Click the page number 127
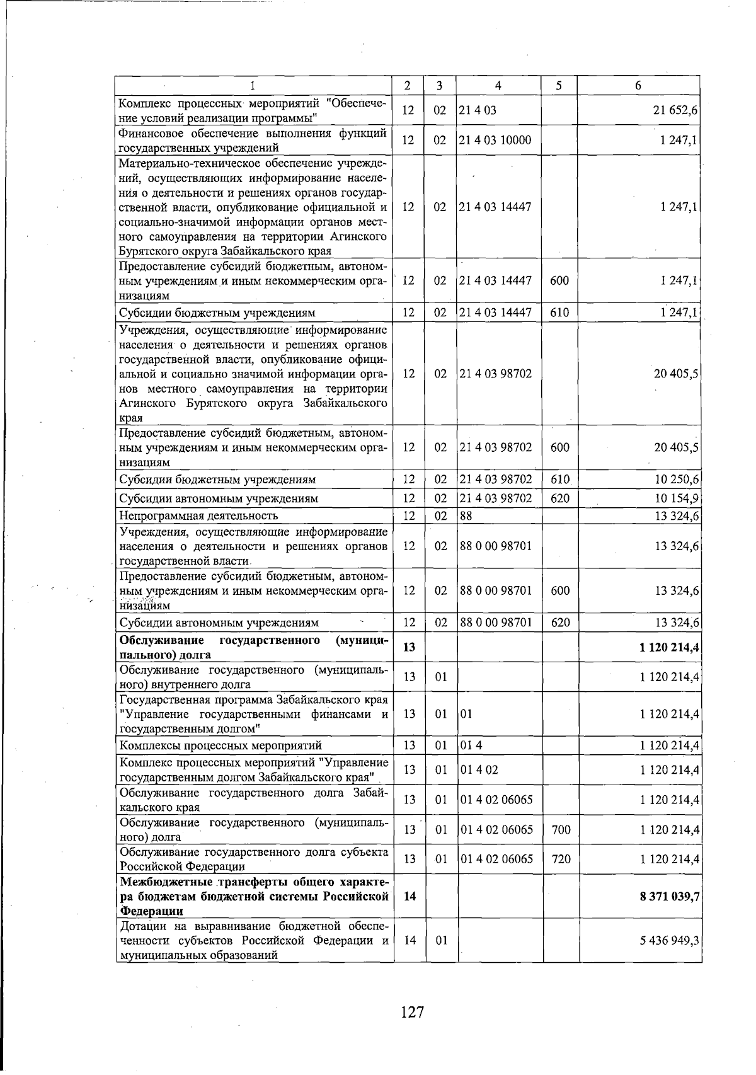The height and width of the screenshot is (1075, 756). [x=412, y=1013]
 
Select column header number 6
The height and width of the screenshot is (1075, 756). [x=638, y=85]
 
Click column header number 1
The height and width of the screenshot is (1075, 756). [x=252, y=85]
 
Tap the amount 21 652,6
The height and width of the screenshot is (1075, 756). [x=675, y=110]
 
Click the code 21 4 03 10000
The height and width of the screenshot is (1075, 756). [x=495, y=140]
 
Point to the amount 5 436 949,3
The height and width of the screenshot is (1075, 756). [x=670, y=941]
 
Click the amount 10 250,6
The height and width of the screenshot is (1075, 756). [x=677, y=480]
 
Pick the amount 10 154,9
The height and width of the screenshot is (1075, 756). [x=677, y=498]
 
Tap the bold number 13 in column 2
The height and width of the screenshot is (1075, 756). [x=409, y=647]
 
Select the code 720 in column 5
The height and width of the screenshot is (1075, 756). [x=561, y=859]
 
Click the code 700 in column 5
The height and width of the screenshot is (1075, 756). [x=561, y=830]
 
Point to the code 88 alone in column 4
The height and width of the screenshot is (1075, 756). [x=466, y=516]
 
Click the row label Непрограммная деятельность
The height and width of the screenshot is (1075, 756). [x=198, y=516]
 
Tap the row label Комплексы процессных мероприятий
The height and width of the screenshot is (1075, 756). [x=220, y=745]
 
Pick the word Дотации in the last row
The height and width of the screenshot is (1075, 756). [x=142, y=926]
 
